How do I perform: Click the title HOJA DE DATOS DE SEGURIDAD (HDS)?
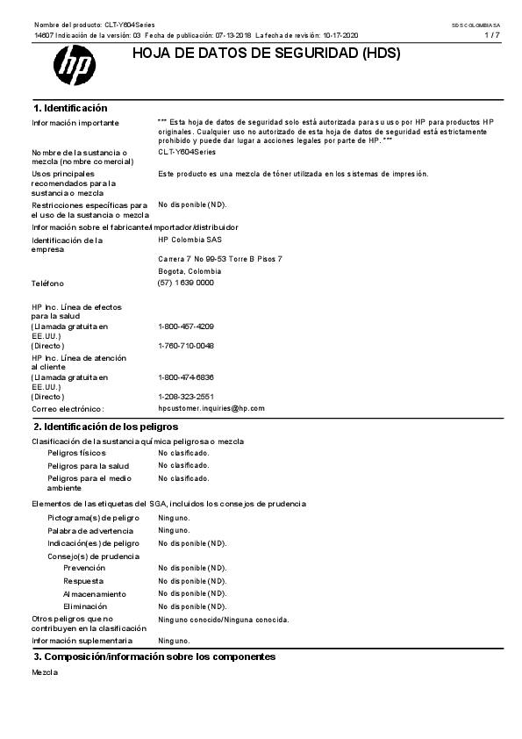click(266, 54)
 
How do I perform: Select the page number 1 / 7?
click(493, 35)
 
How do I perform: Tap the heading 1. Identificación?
click(70, 107)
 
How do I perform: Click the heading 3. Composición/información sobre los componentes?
click(154, 656)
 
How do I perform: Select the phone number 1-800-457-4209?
click(186, 326)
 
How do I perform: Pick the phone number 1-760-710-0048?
click(186, 346)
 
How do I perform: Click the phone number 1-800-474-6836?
click(186, 377)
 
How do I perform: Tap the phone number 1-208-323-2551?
click(186, 397)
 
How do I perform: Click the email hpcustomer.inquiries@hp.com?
click(211, 408)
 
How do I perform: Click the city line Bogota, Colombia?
click(189, 271)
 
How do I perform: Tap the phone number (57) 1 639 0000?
click(185, 283)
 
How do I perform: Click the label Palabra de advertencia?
click(90, 530)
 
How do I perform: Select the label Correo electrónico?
click(68, 409)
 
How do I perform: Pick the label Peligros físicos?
click(76, 453)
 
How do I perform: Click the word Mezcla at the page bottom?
click(45, 672)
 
